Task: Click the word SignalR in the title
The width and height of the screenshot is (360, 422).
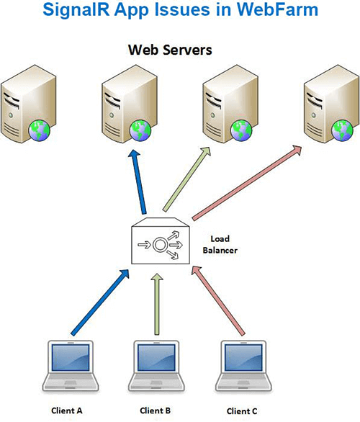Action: point(76,9)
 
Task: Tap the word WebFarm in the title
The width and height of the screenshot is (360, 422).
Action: point(277,9)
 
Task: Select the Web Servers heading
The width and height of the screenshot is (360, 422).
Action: point(170,50)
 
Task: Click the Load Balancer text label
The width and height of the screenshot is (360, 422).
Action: point(220,244)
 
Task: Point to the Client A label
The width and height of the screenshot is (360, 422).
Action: point(67,410)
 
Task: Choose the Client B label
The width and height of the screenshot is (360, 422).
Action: point(156,410)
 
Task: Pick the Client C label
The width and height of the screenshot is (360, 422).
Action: point(242,411)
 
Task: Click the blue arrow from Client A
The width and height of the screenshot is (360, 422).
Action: point(100,302)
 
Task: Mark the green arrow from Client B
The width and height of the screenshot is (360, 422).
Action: point(157,305)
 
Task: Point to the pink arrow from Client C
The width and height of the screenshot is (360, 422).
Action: point(218,301)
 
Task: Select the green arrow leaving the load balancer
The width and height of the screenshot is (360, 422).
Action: point(186,179)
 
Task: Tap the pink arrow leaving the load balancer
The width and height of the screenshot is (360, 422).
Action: point(247,183)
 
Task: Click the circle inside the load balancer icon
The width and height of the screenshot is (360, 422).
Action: point(160,245)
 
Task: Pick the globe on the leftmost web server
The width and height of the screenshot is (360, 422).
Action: point(40,130)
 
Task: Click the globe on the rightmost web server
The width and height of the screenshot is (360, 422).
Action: point(342,130)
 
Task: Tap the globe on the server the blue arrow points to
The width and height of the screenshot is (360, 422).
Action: point(140,130)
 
